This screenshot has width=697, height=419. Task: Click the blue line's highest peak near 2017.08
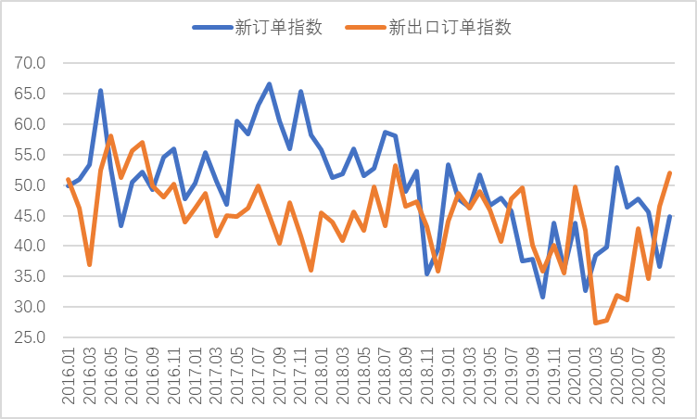click(x=269, y=84)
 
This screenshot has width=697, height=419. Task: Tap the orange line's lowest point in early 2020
click(x=596, y=323)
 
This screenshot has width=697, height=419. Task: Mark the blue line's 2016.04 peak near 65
click(x=100, y=91)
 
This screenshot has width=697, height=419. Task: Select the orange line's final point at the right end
click(x=670, y=173)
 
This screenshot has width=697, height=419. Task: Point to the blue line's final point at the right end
click(x=670, y=217)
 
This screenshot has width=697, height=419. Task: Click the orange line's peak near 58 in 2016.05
click(x=110, y=136)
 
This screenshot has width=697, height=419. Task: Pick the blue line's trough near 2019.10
click(x=542, y=297)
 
